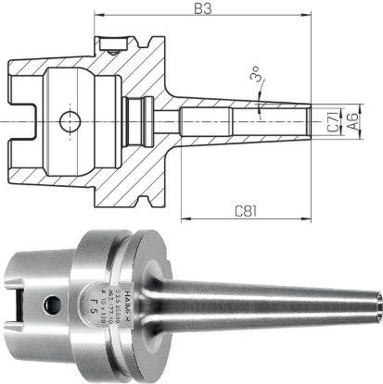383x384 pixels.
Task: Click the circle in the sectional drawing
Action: [x=67, y=120]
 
